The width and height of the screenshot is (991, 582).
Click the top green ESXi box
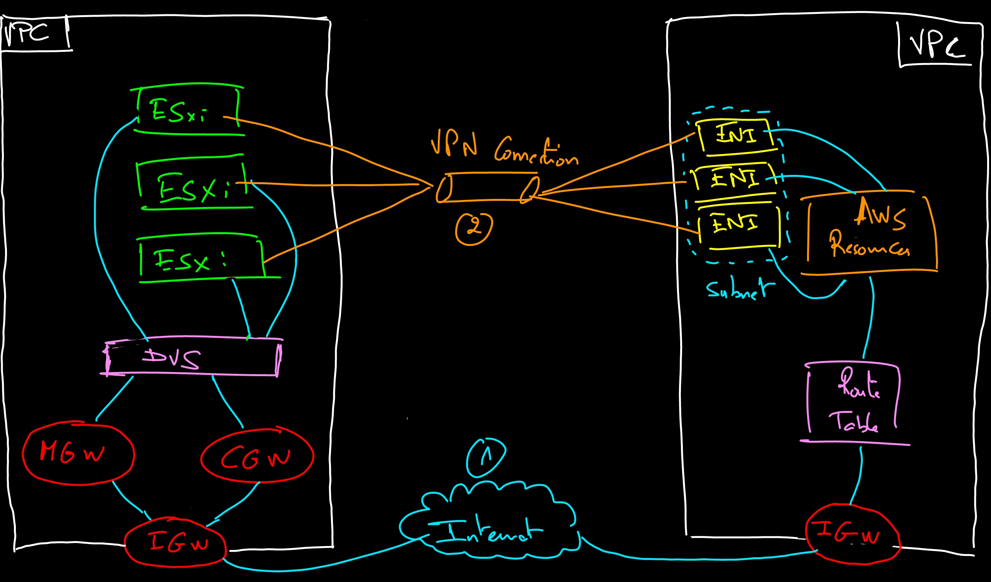point(188,110)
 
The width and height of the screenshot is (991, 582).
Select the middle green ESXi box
point(193,185)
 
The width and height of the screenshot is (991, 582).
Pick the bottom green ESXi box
point(201,260)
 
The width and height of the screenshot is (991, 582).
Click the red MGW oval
point(78,453)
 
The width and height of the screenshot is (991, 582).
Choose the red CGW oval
point(257,456)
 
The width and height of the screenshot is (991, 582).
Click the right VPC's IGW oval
point(852,534)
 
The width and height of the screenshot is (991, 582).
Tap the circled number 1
point(486,457)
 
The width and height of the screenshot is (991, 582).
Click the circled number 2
point(474,228)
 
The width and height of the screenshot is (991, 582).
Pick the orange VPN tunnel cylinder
point(488,188)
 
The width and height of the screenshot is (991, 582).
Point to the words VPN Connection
point(503,149)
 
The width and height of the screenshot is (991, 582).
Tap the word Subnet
point(739,289)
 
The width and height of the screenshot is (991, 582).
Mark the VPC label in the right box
point(936,44)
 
